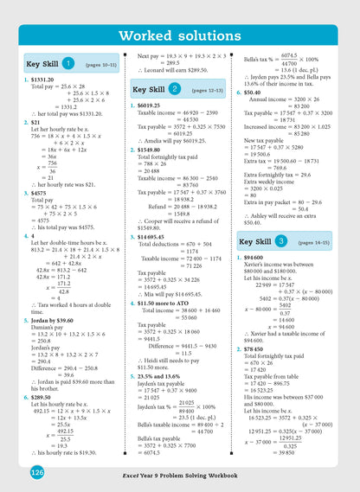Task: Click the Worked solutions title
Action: (180, 36)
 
